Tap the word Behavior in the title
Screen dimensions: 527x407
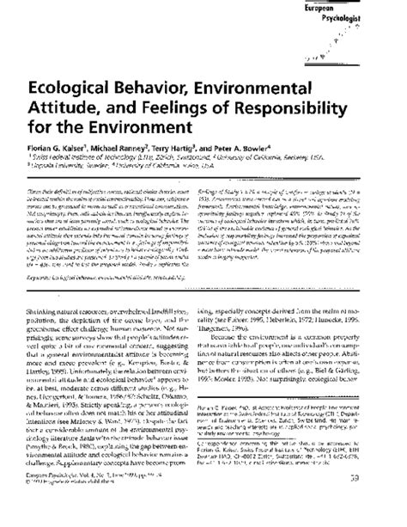tap(179, 88)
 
